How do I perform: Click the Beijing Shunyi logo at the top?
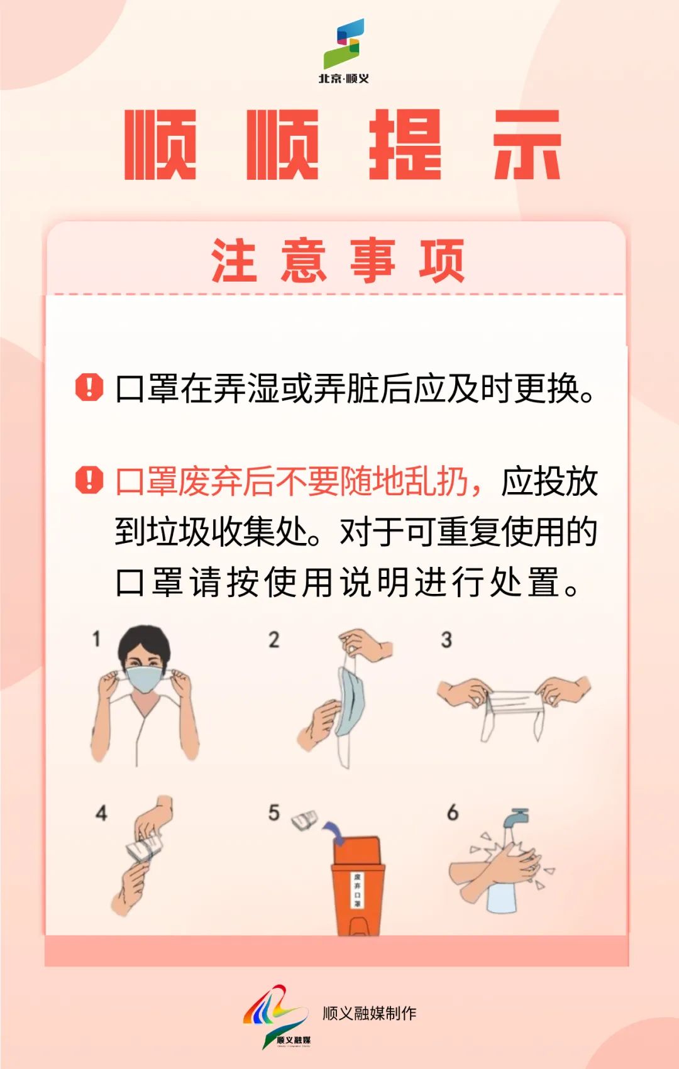tap(344, 50)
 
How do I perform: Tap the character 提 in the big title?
tap(405, 145)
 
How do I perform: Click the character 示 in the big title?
tap(527, 145)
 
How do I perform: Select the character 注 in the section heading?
tap(235, 260)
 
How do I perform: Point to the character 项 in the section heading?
tap(442, 260)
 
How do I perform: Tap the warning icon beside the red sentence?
tap(89, 480)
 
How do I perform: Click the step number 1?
tap(96, 639)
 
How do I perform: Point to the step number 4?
tap(101, 813)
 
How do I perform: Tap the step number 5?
tap(273, 813)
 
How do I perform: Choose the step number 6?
tap(453, 812)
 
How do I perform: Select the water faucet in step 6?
tap(516, 820)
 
